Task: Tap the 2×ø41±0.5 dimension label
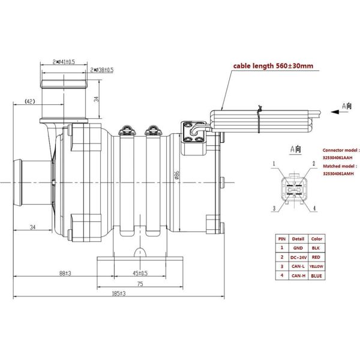(63, 62)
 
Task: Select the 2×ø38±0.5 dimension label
(101, 70)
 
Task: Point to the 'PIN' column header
(281, 238)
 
